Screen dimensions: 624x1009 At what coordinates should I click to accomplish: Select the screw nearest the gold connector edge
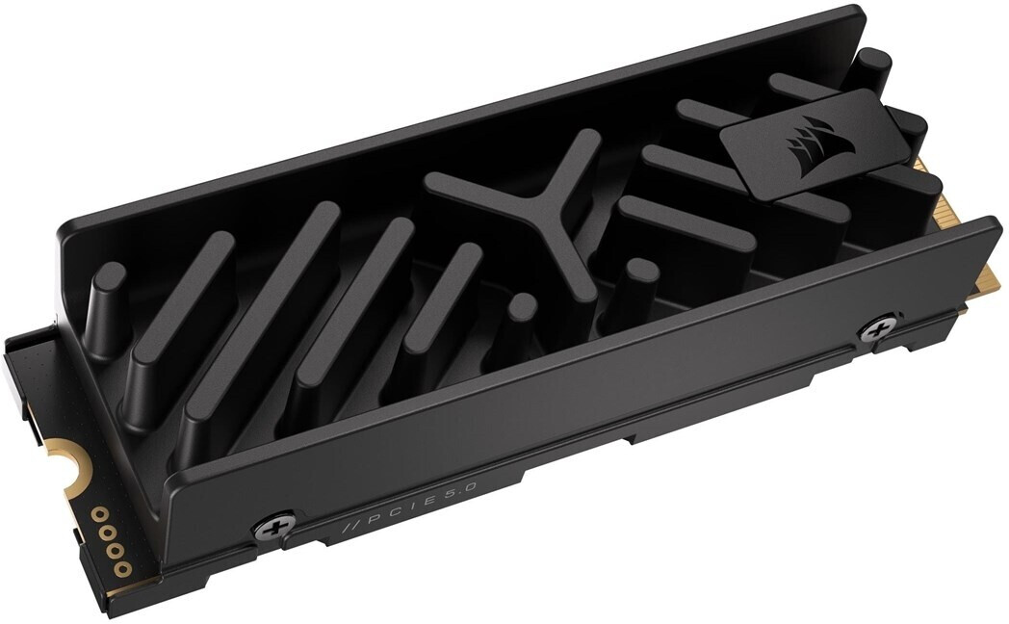[x=877, y=328]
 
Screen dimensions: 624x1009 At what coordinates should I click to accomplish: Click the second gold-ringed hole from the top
[x=104, y=527]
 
